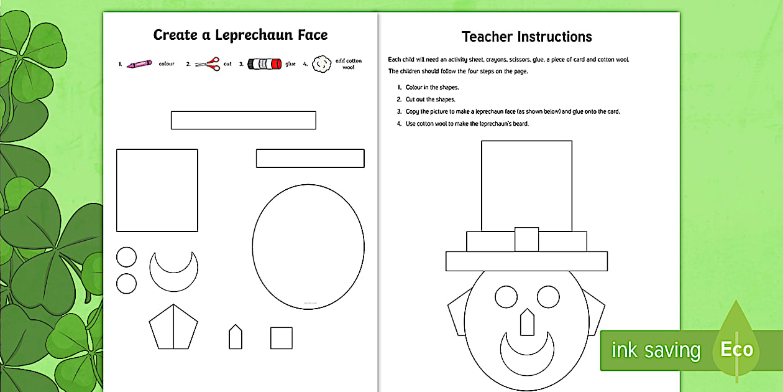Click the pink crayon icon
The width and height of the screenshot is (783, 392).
click(x=139, y=64)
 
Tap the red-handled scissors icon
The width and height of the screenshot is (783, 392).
click(x=208, y=63)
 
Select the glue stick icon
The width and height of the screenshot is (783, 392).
click(x=265, y=63)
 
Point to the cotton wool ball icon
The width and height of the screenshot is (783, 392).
click(x=320, y=63)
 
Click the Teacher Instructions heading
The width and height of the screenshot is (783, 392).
click(x=527, y=37)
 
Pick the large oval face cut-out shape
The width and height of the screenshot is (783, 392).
click(x=308, y=246)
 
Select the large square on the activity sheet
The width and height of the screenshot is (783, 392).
click(x=157, y=190)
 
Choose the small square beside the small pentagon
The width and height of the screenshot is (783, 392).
click(x=281, y=338)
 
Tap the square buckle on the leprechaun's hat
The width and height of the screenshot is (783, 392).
click(x=526, y=240)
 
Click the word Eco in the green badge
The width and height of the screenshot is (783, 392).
click(x=736, y=350)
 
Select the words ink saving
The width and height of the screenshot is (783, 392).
click(x=656, y=350)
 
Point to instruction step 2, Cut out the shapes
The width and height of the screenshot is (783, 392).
click(x=431, y=100)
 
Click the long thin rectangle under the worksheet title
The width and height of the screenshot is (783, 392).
click(x=243, y=120)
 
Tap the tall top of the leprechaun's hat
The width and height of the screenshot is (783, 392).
click(x=526, y=185)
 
